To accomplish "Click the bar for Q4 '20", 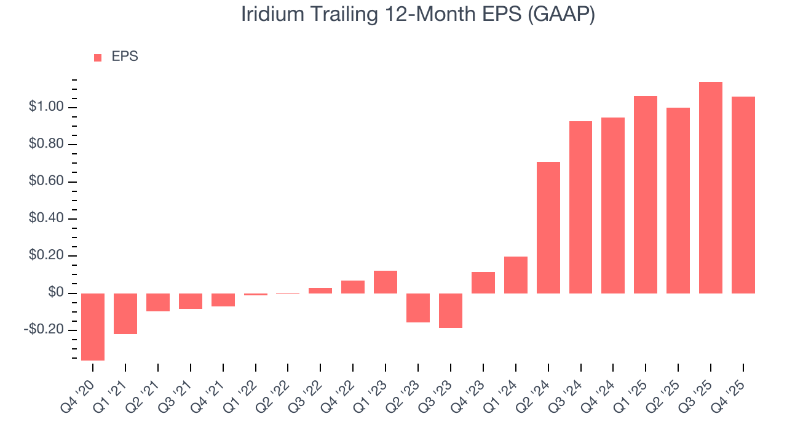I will [x=93, y=327].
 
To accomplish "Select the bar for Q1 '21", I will [x=125, y=314].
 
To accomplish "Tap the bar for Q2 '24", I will [x=548, y=228].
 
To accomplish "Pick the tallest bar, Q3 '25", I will [x=711, y=188].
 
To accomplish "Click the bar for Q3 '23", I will [x=451, y=311].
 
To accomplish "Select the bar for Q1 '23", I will [x=386, y=282].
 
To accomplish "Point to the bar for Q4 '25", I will [x=743, y=195].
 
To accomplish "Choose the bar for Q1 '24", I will [x=516, y=275].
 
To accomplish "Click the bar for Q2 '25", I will [x=678, y=201].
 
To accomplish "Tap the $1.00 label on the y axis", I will [x=45, y=108].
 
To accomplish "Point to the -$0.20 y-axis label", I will [x=44, y=330].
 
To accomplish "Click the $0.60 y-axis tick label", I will [x=45, y=182].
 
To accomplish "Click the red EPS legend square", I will [x=98, y=58].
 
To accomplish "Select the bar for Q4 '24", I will [x=613, y=206].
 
